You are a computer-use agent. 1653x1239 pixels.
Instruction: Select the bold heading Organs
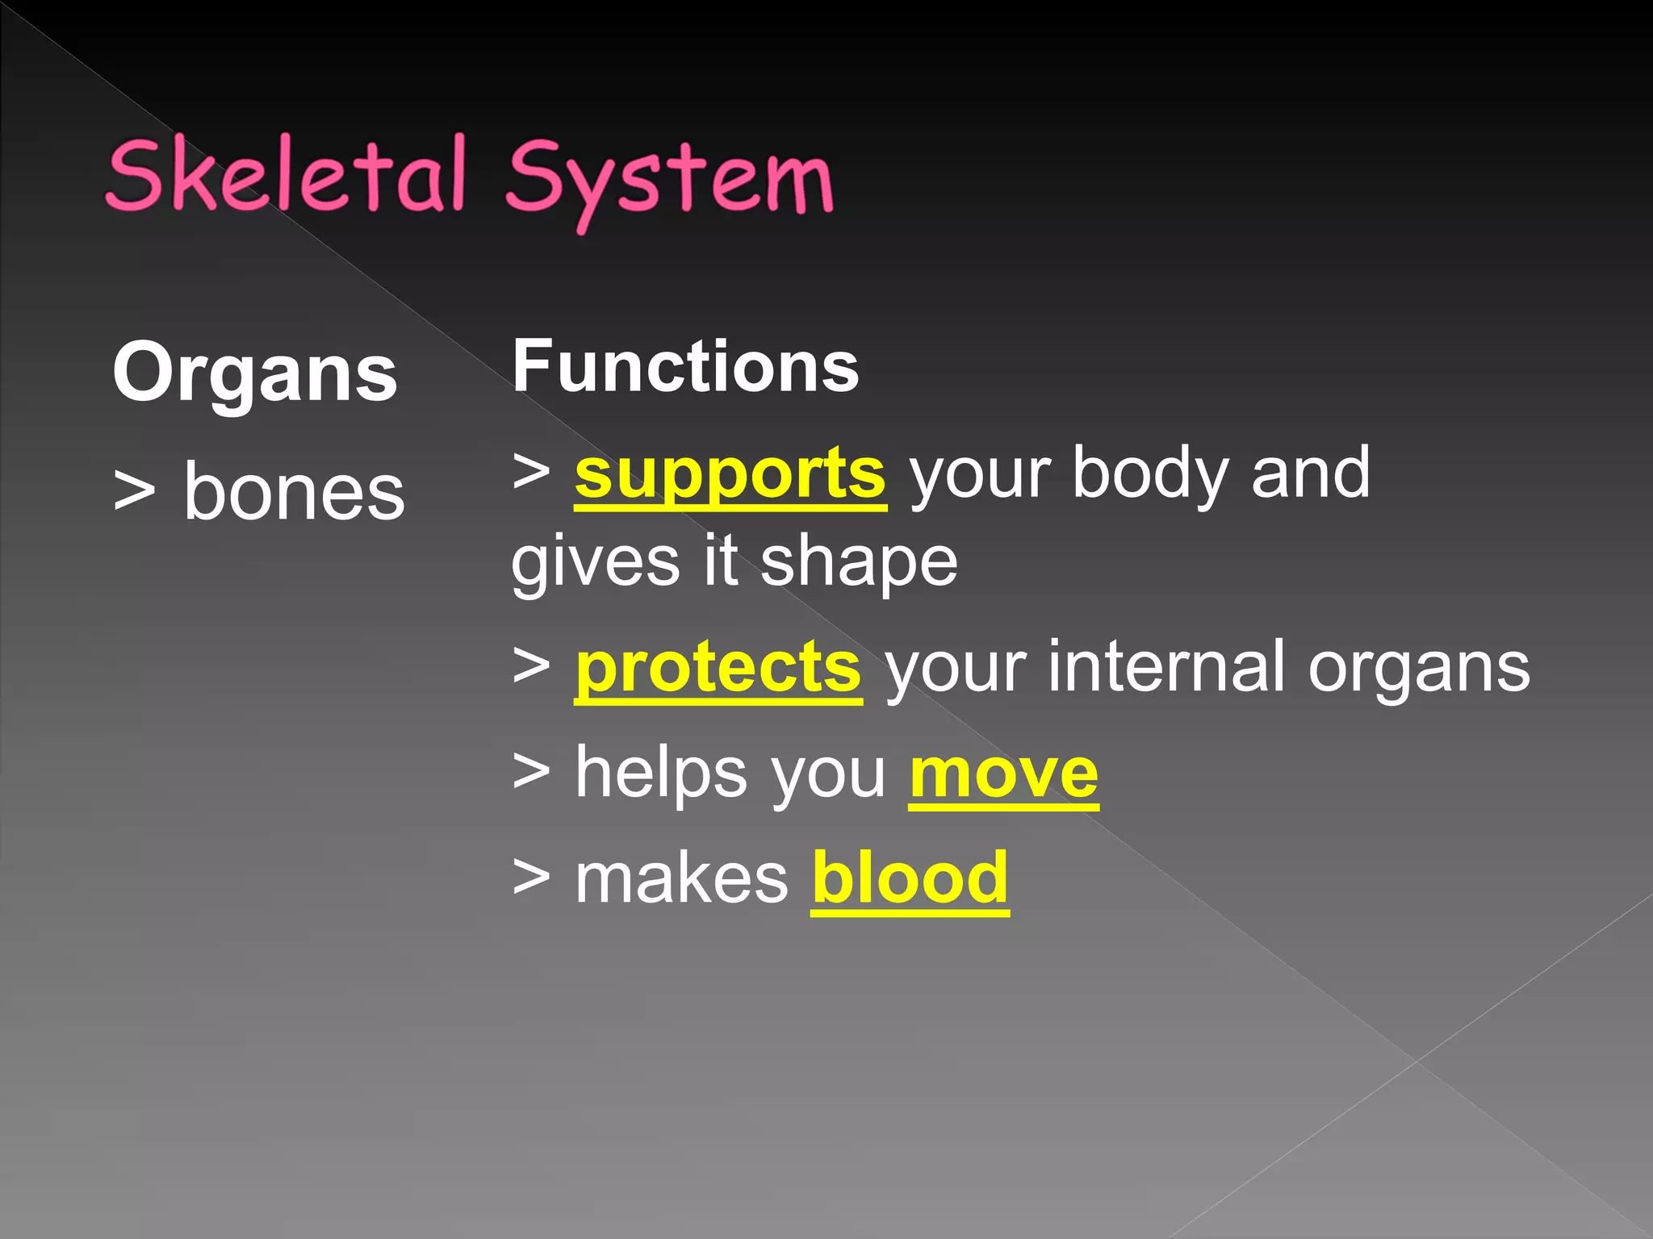(255, 372)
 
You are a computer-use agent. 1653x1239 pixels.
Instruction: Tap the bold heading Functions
(686, 367)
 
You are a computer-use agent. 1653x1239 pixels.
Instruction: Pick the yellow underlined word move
(1003, 774)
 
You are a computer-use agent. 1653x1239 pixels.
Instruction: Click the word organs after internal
(1418, 669)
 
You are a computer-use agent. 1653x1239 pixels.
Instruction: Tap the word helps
(661, 774)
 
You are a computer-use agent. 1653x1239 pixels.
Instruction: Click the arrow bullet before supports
(532, 470)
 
